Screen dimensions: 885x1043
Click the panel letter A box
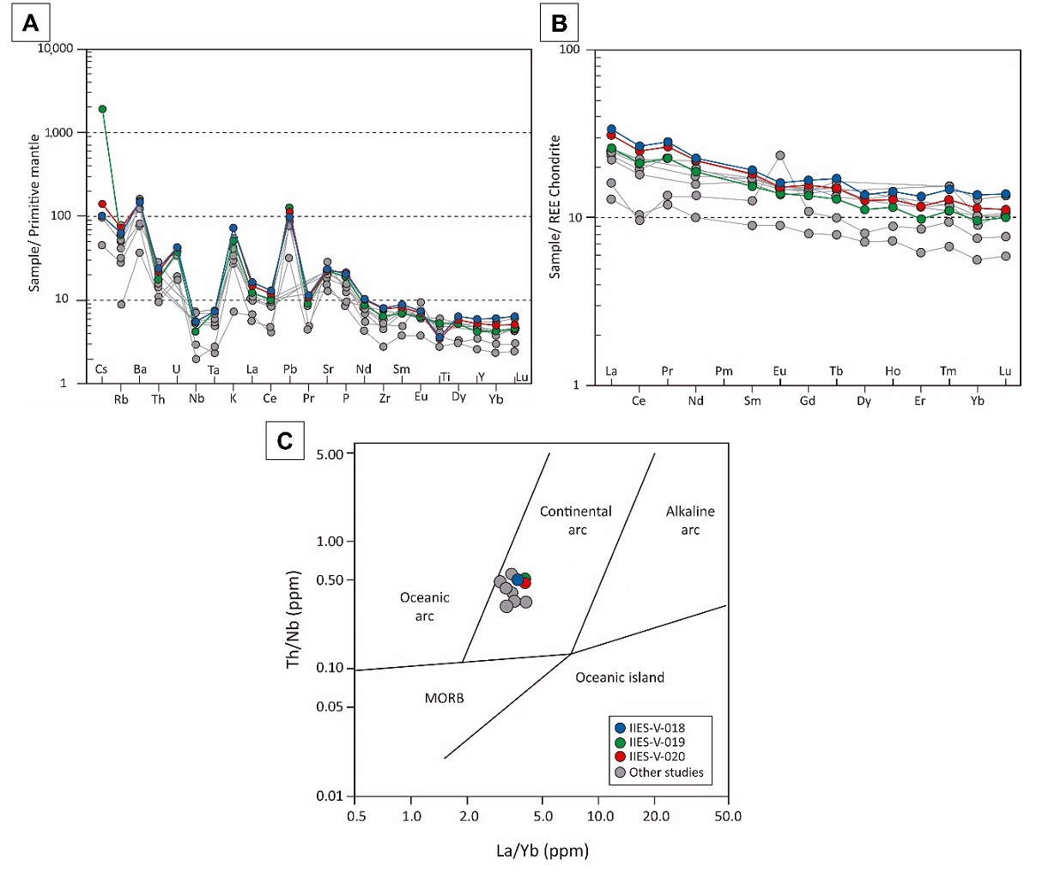(30, 23)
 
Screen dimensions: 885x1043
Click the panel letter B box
(559, 23)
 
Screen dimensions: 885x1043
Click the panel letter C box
(285, 440)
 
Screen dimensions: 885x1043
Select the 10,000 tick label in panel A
(56, 49)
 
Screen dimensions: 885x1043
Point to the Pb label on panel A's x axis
(290, 370)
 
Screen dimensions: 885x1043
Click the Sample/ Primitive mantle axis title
(35, 212)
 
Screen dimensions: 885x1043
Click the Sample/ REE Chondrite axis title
(555, 206)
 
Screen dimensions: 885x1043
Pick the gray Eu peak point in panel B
(780, 155)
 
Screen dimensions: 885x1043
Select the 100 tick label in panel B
(569, 50)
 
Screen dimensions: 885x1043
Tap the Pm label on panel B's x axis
(724, 372)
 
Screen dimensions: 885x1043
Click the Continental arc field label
(576, 520)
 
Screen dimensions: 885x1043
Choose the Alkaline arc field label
(690, 520)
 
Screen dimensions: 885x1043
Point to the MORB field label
(444, 698)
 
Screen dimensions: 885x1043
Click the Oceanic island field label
(620, 677)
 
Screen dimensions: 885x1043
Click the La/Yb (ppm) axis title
(543, 851)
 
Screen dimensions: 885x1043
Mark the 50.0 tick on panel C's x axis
(728, 815)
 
